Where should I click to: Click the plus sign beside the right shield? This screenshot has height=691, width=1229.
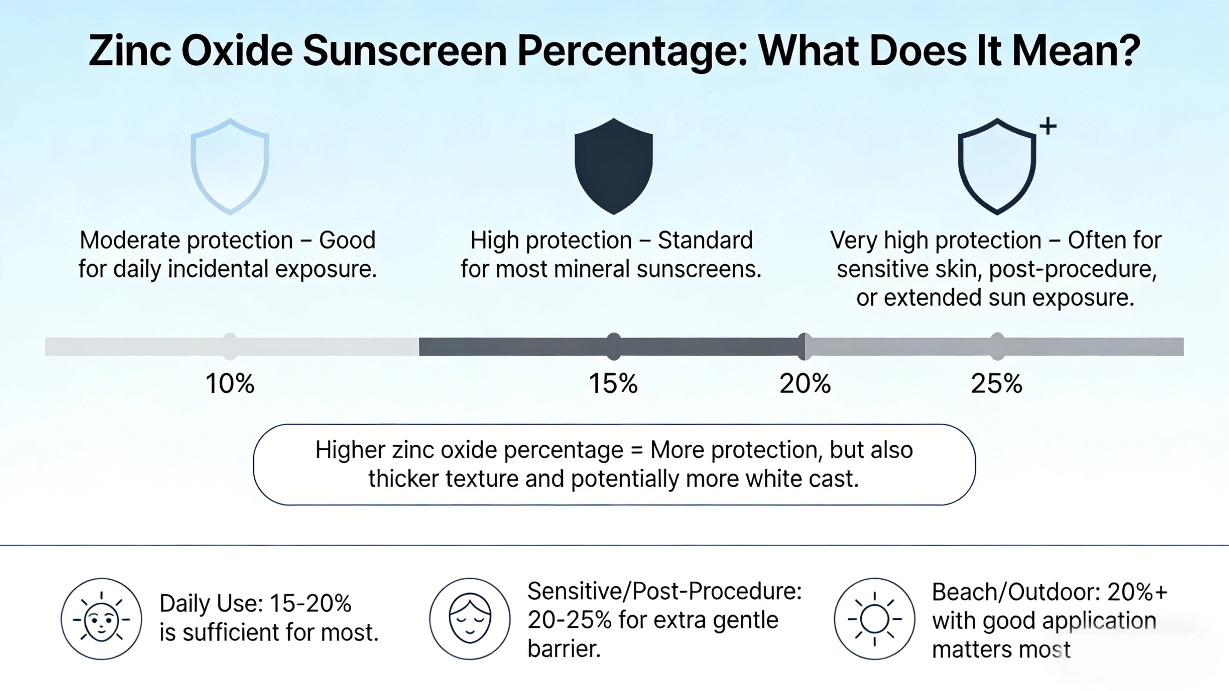point(1048,126)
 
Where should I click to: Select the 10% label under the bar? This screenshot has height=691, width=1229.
point(230,383)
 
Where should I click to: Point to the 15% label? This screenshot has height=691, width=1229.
point(613,383)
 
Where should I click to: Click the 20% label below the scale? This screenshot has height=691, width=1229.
point(805,383)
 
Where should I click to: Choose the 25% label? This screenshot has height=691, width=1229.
point(997,383)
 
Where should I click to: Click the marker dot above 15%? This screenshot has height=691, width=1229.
point(614,347)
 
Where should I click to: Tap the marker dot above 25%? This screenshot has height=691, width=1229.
point(997,347)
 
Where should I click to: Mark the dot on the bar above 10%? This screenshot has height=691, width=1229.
point(230,347)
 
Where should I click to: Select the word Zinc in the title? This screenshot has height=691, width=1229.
point(129,51)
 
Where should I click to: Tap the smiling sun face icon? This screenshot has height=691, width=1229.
point(101,619)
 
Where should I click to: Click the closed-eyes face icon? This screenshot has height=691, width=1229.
point(470,619)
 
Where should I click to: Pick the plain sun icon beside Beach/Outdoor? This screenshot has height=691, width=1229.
point(875,619)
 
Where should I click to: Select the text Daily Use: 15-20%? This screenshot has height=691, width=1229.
point(255,604)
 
